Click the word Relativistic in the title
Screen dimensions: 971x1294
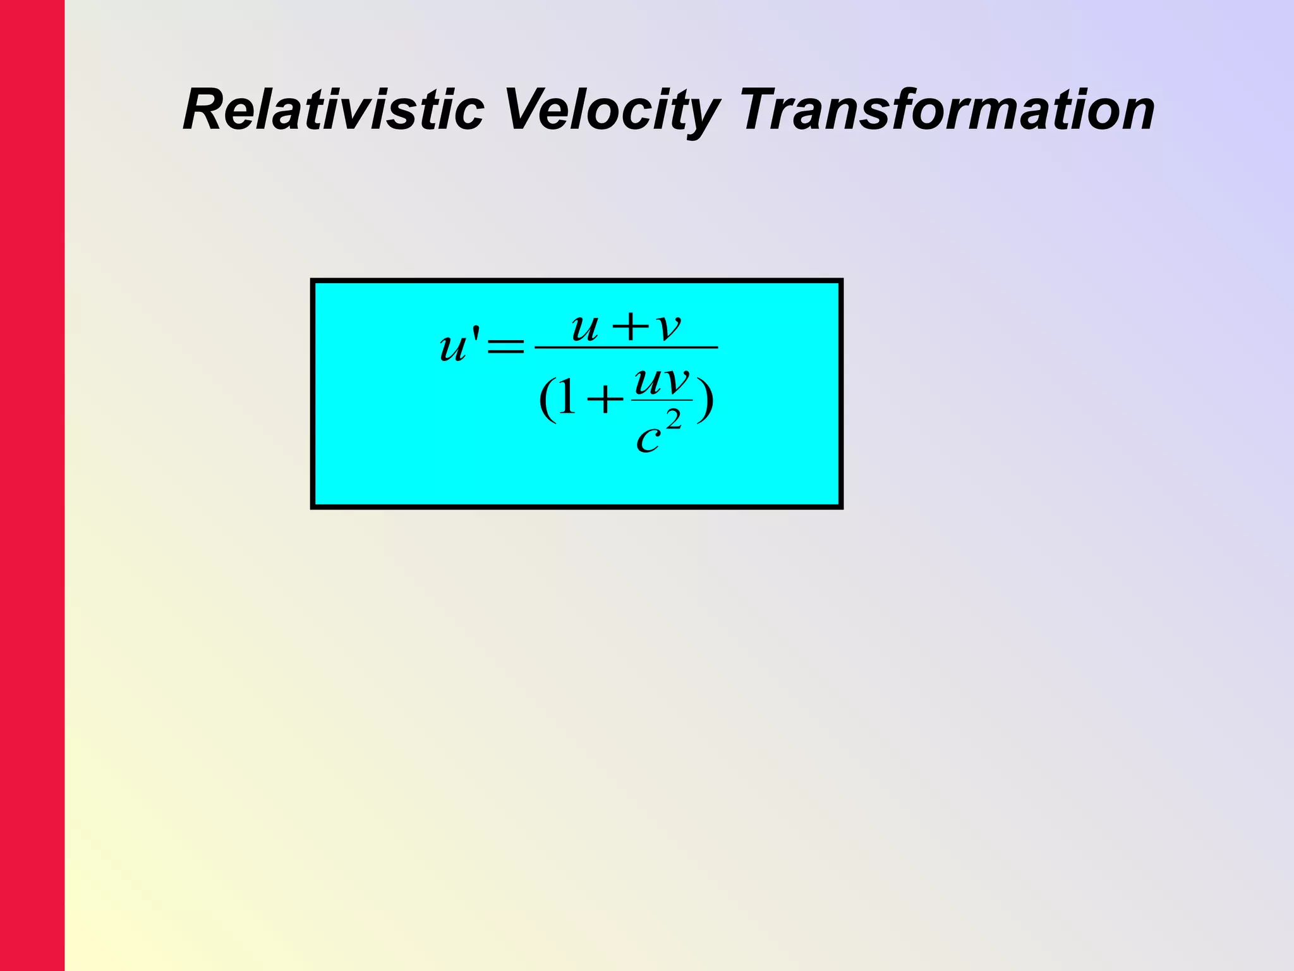[333, 110]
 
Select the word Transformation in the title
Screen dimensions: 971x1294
[948, 110]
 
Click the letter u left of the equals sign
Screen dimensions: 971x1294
[453, 348]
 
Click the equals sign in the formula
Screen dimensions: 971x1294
[505, 346]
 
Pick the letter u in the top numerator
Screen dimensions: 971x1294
[584, 329]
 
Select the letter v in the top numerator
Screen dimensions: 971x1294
[668, 329]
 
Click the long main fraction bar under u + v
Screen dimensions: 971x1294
[626, 347]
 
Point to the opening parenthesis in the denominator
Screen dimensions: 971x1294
[547, 401]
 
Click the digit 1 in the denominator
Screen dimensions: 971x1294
[566, 400]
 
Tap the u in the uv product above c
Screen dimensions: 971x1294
[646, 382]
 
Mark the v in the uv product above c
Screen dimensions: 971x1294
[675, 382]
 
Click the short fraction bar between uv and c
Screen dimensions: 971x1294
[662, 400]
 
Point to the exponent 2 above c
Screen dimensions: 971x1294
[674, 419]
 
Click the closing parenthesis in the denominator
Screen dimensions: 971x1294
[706, 401]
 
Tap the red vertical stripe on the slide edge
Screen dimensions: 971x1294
[32, 485]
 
